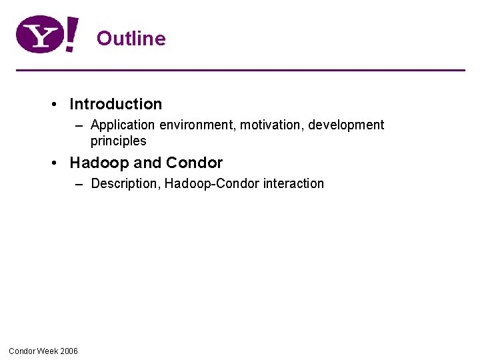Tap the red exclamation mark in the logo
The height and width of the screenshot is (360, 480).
(72, 35)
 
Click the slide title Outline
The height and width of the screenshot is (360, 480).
(131, 38)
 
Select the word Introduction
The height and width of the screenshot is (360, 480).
(115, 104)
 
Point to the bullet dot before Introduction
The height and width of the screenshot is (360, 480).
(53, 105)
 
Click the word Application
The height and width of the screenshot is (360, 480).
(123, 125)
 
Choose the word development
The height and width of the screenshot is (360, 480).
(346, 125)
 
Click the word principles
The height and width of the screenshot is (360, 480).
(118, 141)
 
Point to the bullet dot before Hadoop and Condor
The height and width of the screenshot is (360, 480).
(53, 163)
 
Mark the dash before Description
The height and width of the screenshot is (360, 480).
(79, 184)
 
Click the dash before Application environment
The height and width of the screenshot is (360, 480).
(79, 125)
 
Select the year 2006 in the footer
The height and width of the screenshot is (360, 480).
(69, 351)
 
